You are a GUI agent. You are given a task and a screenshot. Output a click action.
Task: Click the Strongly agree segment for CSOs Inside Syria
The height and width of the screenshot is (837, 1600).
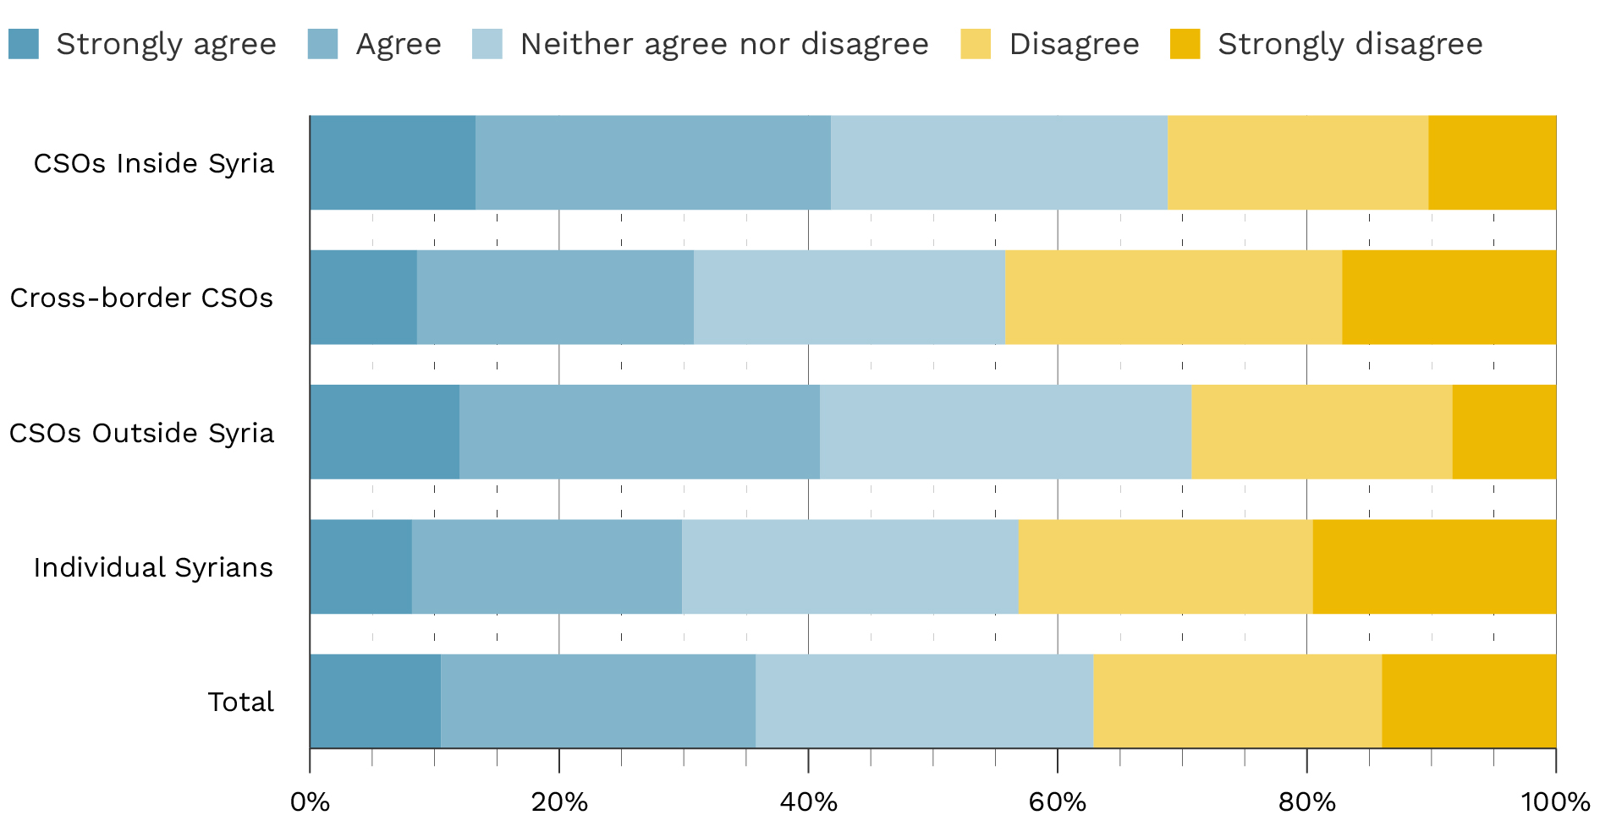pyautogui.click(x=393, y=162)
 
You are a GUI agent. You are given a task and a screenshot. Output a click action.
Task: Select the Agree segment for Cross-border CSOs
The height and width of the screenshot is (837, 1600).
pyautogui.click(x=555, y=297)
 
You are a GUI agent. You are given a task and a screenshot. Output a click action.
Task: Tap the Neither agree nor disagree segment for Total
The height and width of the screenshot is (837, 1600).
pyautogui.click(x=924, y=701)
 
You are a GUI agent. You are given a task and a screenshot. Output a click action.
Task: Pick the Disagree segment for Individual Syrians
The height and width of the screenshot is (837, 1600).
pyautogui.click(x=1165, y=566)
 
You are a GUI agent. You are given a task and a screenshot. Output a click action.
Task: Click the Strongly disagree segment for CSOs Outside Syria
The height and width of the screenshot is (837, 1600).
pyautogui.click(x=1504, y=432)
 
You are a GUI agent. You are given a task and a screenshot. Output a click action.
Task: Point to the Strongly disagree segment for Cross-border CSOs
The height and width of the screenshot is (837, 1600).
pyautogui.click(x=1449, y=297)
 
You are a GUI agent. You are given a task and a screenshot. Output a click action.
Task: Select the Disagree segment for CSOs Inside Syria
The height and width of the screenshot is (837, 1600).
pyautogui.click(x=1297, y=162)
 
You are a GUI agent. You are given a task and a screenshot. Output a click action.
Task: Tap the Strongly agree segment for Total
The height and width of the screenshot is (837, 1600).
pyautogui.click(x=375, y=701)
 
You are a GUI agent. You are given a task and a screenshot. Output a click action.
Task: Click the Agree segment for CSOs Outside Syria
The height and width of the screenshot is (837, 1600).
pyautogui.click(x=639, y=432)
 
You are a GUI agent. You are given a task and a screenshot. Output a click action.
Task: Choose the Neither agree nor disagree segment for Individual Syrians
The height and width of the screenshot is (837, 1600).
pyautogui.click(x=849, y=566)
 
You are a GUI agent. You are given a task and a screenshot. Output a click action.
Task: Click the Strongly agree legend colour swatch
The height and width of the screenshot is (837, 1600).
pyautogui.click(x=24, y=44)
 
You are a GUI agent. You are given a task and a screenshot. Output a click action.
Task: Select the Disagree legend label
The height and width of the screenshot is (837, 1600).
pyautogui.click(x=1074, y=44)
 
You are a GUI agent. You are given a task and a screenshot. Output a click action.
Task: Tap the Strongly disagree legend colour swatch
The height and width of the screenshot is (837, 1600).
pyautogui.click(x=1185, y=44)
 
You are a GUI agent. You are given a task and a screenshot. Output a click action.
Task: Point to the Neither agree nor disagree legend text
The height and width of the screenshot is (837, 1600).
pyautogui.click(x=724, y=44)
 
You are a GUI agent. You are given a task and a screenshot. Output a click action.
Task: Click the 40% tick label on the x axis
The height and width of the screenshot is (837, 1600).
pyautogui.click(x=808, y=801)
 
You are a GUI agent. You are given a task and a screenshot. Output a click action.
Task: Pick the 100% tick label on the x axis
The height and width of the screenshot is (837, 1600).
pyautogui.click(x=1554, y=801)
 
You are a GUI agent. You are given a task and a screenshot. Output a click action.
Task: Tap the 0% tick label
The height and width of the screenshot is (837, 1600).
pyautogui.click(x=310, y=801)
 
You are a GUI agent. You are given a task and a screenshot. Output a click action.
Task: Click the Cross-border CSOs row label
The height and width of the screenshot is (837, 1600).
pyautogui.click(x=141, y=298)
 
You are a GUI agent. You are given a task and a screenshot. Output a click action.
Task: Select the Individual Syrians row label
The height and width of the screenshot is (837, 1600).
pyautogui.click(x=153, y=567)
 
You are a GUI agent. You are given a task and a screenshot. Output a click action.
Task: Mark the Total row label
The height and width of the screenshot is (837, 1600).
pyautogui.click(x=241, y=702)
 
